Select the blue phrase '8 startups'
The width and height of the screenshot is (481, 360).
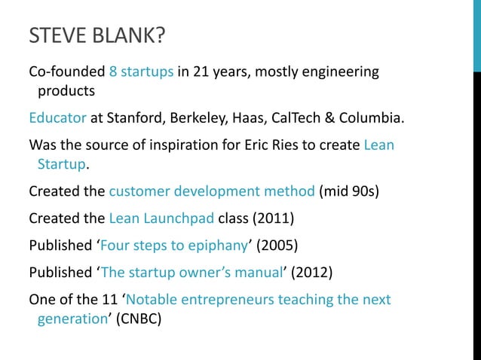142,72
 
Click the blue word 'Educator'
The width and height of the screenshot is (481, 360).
57,119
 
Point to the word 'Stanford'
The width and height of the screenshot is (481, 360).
135,119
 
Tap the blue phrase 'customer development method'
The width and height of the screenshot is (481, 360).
212,190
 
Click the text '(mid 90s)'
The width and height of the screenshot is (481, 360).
349,190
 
